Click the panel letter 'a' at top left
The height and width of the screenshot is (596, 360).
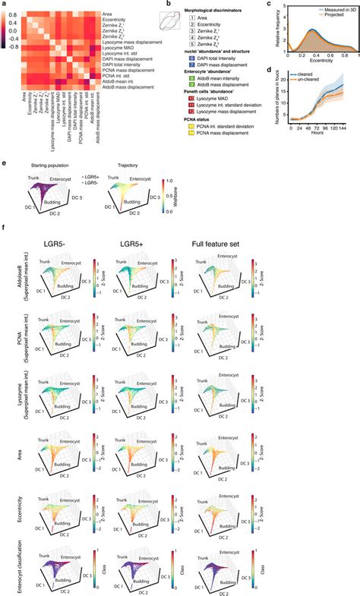point(4,4)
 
